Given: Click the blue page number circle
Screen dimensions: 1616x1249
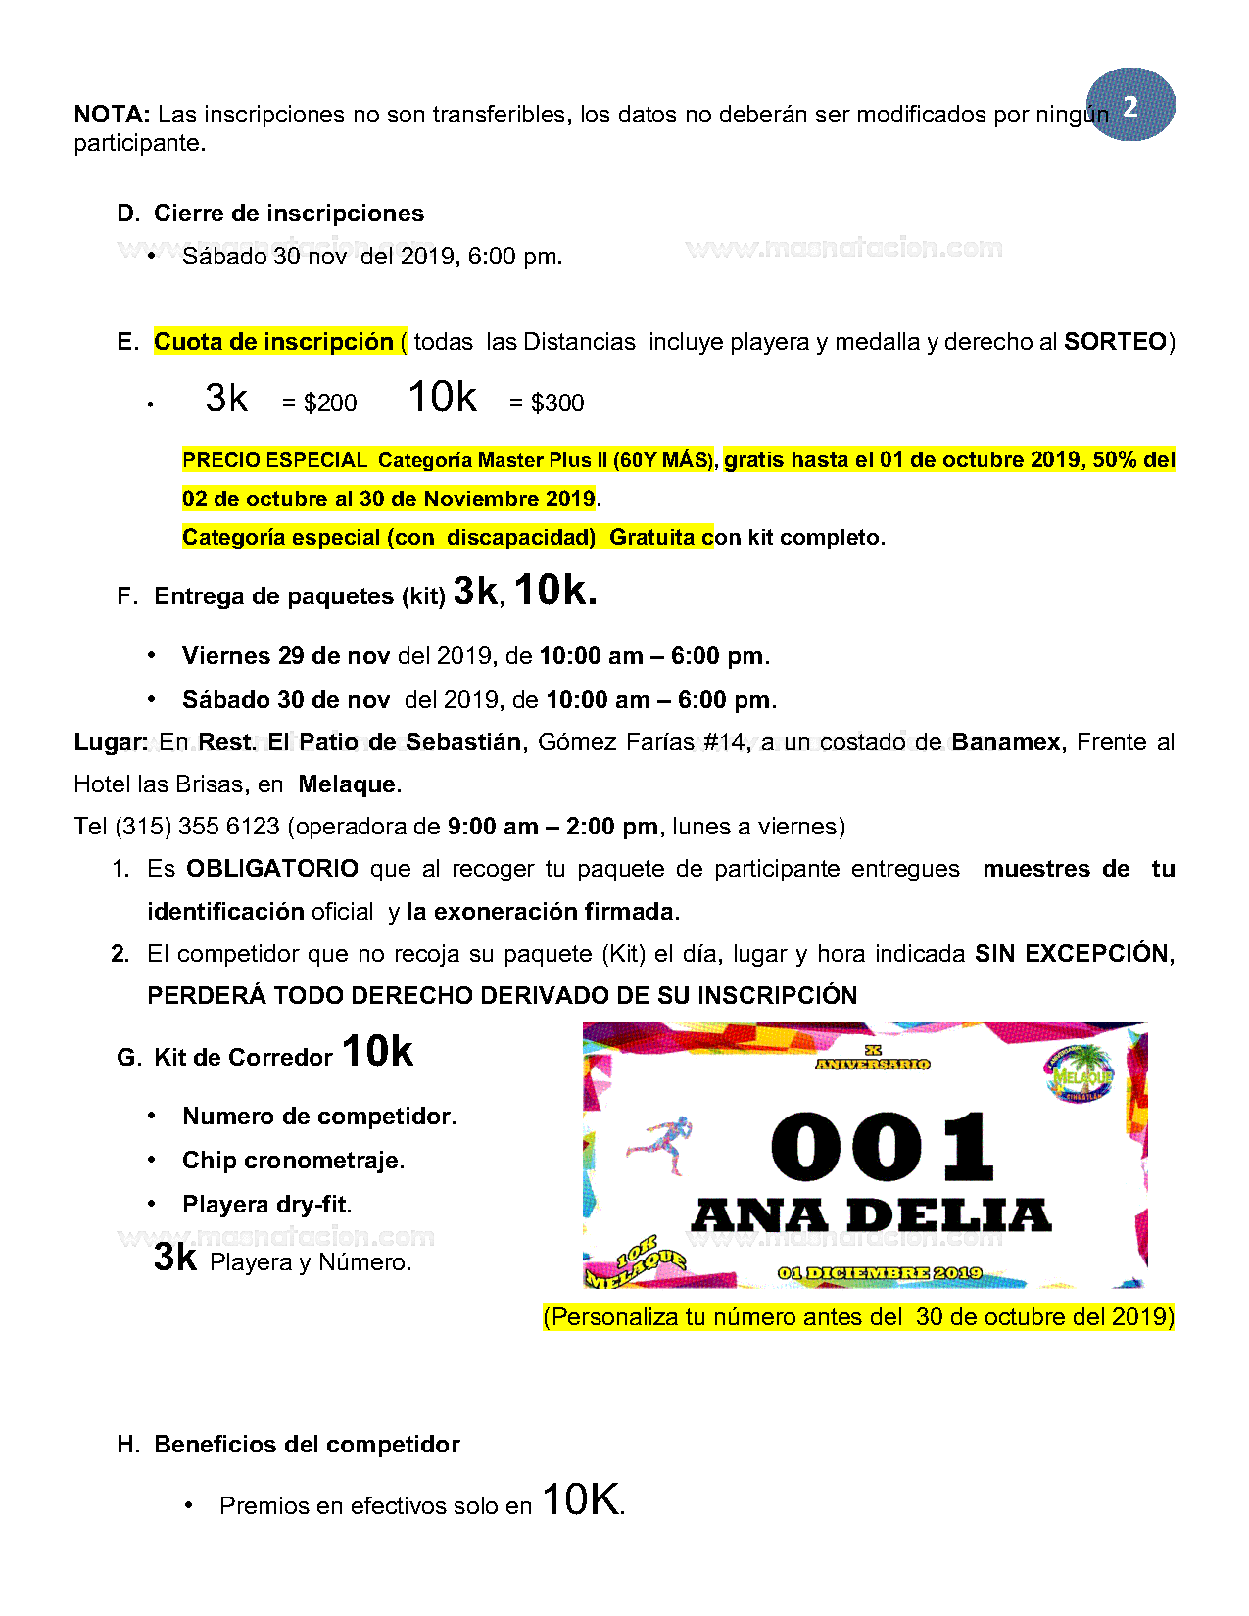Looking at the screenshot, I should point(1130,105).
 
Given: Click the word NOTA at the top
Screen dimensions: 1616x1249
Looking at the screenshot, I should point(110,115).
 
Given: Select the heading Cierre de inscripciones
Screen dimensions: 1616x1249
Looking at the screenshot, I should point(289,214).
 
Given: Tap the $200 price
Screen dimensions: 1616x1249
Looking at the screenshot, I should point(330,403).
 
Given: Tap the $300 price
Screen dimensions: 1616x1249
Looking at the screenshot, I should point(557,403).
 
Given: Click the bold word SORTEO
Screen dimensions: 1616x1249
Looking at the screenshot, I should point(1116,342).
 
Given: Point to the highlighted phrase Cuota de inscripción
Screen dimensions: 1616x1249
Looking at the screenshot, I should point(273,342).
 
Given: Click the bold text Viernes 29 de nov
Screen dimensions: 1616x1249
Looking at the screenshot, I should point(286,656).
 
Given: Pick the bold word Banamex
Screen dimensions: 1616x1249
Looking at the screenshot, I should point(1006,742).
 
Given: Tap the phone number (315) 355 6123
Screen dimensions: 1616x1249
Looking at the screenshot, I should point(198,827).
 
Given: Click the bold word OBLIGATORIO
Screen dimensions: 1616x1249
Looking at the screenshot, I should point(272,869).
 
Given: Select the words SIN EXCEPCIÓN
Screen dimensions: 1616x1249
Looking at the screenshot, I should point(1074,954).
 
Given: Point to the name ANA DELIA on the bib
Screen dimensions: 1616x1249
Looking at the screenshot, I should point(871,1216).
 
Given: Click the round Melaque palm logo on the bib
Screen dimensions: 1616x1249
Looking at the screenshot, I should point(1080,1074).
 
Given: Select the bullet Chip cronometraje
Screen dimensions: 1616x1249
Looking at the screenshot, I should point(293,1161).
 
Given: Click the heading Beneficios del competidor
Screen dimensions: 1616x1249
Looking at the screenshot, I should point(307,1445).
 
